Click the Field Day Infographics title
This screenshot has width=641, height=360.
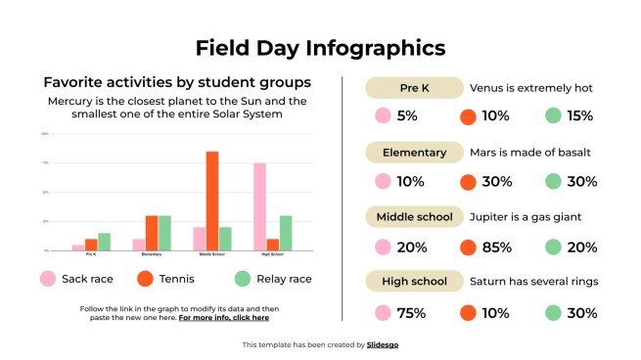320,47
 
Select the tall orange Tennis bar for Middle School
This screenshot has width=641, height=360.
211,201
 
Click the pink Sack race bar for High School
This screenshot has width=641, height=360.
259,206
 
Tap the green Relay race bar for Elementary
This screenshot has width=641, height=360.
164,233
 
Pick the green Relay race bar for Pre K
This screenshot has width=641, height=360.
104,242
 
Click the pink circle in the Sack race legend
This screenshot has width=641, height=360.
47,279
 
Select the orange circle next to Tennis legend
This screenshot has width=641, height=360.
146,279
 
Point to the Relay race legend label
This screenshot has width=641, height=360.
284,279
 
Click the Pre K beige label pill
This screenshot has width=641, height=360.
413,88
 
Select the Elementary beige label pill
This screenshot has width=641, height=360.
413,153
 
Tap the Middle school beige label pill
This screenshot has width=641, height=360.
413,217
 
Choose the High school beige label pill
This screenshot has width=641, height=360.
413,282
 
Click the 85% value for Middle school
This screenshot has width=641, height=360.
497,247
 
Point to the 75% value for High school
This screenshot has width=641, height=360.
412,313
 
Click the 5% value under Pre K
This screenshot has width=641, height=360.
407,116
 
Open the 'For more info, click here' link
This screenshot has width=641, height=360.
224,318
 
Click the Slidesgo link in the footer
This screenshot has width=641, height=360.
384,344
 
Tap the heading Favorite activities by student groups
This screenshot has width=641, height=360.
177,82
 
